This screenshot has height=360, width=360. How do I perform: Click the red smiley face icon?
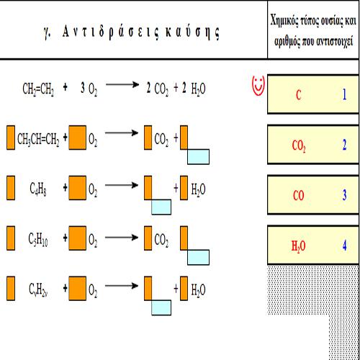point(258,86)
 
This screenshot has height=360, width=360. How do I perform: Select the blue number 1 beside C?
point(344,94)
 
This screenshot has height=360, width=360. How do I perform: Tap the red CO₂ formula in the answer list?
point(299,145)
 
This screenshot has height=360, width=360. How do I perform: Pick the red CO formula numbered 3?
point(298,195)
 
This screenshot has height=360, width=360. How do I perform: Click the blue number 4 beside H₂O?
point(344,246)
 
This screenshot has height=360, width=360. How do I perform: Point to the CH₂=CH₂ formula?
point(38,89)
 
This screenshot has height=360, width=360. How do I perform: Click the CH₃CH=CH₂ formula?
point(38,139)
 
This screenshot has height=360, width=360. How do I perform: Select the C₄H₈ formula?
point(38,189)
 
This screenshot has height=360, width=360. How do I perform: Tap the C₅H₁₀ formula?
point(38,239)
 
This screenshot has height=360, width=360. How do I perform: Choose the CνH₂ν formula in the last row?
point(38,289)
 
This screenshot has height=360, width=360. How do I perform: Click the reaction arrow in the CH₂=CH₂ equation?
point(122,84)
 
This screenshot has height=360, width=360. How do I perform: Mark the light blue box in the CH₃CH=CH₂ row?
point(198,157)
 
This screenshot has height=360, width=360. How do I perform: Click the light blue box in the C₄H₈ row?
point(161,207)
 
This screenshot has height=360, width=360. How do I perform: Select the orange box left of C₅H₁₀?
point(11,238)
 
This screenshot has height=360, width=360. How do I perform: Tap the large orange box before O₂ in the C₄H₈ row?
point(78,188)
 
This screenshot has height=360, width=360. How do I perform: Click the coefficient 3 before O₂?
point(83,88)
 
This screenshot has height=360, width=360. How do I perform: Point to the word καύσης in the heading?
point(192,32)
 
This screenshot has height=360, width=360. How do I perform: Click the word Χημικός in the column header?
point(284,20)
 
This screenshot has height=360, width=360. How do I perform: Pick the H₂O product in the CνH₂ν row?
point(198,290)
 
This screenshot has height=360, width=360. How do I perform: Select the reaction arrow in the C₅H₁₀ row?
point(122,238)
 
